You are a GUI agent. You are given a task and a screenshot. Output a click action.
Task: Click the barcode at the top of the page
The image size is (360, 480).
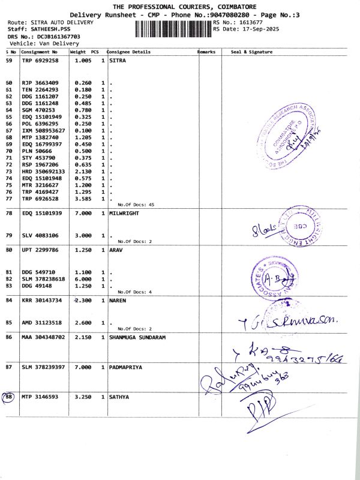pyautogui.click(x=173, y=28)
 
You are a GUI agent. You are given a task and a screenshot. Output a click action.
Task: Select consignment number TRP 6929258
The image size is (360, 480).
pyautogui.click(x=40, y=61)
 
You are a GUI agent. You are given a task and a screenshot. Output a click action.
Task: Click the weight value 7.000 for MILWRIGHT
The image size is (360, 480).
pyautogui.click(x=83, y=213)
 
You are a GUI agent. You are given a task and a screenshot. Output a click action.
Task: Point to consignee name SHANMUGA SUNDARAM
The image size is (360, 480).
pyautogui.click(x=137, y=338)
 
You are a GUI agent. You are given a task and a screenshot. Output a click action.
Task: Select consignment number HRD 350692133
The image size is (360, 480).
pyautogui.click(x=43, y=171)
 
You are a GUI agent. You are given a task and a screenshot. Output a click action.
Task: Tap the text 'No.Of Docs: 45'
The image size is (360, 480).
pyautogui.click(x=136, y=205)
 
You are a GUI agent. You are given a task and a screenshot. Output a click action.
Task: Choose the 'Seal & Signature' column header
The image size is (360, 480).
pyautogui.click(x=251, y=52)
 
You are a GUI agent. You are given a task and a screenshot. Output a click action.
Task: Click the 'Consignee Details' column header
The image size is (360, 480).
pyautogui.click(x=129, y=52)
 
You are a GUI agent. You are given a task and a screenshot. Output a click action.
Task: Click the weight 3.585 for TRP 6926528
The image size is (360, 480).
pyautogui.click(x=83, y=199)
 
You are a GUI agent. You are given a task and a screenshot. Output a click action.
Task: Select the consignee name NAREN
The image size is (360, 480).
pyautogui.click(x=118, y=301)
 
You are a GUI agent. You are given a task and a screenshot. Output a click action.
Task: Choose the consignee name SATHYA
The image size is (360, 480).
pyautogui.click(x=119, y=397)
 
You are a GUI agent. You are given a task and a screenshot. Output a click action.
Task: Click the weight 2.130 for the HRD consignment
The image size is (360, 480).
pyautogui.click(x=83, y=171)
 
